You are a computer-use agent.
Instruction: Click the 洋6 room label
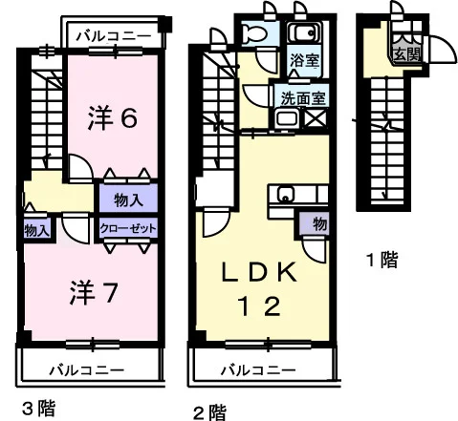(113, 117)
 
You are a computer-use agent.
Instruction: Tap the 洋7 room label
(94, 292)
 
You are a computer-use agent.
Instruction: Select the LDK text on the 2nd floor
(259, 272)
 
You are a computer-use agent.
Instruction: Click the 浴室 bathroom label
(304, 60)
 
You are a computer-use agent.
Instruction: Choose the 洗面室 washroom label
(303, 99)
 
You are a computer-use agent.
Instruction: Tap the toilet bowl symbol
(253, 32)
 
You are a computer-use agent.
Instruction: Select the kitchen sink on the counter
(286, 194)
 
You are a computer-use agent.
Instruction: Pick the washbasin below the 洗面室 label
(287, 118)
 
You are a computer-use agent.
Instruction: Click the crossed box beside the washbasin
(316, 118)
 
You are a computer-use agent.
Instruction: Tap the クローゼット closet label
(128, 228)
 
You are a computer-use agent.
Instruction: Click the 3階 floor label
(39, 409)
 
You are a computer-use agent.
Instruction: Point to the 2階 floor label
(210, 412)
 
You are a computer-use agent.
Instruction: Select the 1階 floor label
(382, 260)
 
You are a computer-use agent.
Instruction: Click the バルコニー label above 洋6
(114, 36)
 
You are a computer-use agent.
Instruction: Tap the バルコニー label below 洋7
(87, 370)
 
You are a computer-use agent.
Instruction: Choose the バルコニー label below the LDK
(258, 370)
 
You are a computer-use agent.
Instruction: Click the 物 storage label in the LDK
(319, 223)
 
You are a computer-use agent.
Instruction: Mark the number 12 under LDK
(259, 305)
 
